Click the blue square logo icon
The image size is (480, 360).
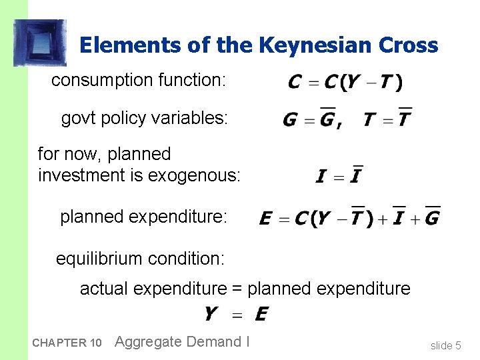(x=41, y=43)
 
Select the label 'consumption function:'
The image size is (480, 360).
(x=139, y=81)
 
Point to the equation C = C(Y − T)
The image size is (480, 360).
(x=345, y=83)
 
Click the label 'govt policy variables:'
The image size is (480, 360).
(x=145, y=119)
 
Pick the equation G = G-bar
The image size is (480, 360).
(x=309, y=119)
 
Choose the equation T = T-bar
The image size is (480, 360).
(x=387, y=119)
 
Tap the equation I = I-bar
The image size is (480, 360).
(x=339, y=175)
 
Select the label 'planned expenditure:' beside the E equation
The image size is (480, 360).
(x=144, y=217)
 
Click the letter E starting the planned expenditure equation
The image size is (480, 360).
(x=265, y=219)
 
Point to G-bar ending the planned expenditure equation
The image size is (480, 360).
(x=432, y=217)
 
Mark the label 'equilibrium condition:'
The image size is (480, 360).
(x=140, y=258)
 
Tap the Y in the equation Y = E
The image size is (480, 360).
(x=211, y=313)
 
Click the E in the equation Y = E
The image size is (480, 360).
(x=261, y=313)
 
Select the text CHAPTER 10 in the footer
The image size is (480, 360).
(x=66, y=343)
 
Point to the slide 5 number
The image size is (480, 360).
(x=445, y=345)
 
